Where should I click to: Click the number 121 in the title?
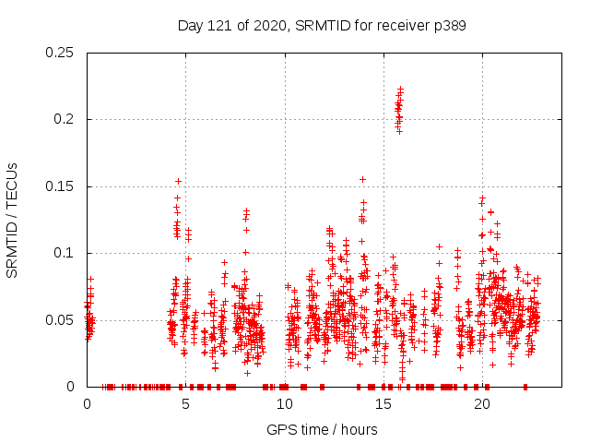[x=219, y=26]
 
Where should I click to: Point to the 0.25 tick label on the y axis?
[x=60, y=53]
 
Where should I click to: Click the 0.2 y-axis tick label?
[x=65, y=120]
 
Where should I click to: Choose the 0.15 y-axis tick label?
[x=60, y=186]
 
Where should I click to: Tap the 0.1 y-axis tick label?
[x=65, y=253]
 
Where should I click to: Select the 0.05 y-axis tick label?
[x=60, y=320]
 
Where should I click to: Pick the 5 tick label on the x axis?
[x=185, y=404]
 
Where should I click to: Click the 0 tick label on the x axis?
[x=87, y=404]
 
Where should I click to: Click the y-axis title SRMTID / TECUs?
[x=13, y=220]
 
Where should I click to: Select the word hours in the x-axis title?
[x=358, y=429]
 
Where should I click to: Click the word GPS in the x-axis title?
[x=281, y=429]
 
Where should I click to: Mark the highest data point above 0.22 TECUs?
[x=401, y=89]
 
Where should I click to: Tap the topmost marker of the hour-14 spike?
[x=363, y=179]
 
